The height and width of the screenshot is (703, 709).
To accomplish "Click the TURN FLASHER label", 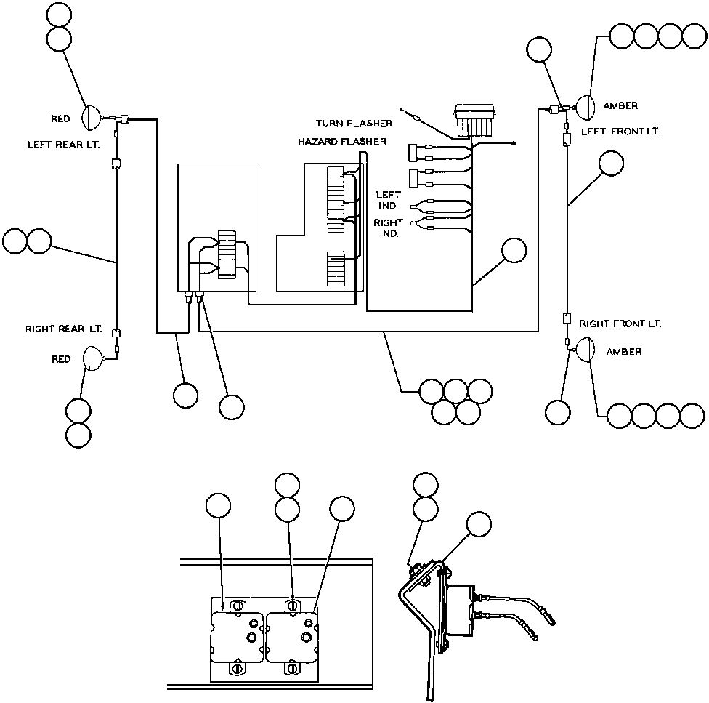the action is pyautogui.click(x=354, y=124).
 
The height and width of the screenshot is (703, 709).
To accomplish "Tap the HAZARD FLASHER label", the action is pyautogui.click(x=342, y=142).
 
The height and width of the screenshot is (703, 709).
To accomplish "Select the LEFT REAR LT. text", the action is pyautogui.click(x=64, y=145).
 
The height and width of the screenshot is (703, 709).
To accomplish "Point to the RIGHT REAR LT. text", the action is pyautogui.click(x=64, y=329).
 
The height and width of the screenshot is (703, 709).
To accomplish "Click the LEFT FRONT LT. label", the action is pyautogui.click(x=620, y=132).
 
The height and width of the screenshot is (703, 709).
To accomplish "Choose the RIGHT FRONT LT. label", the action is pyautogui.click(x=620, y=324).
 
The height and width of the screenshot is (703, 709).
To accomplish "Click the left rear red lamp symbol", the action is pyautogui.click(x=91, y=118).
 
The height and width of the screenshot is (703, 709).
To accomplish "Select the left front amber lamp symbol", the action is pyautogui.click(x=584, y=107).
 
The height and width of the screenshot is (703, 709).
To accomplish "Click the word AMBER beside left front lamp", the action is pyautogui.click(x=621, y=106).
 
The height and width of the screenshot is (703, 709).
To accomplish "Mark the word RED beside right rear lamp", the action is pyautogui.click(x=61, y=359).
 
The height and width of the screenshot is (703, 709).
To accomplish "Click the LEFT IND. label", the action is pyautogui.click(x=388, y=201).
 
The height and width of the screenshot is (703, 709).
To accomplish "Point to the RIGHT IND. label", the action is pyautogui.click(x=388, y=228).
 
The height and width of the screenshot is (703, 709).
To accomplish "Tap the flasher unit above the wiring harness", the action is pyautogui.click(x=475, y=120).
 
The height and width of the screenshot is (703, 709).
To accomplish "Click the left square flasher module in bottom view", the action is pyautogui.click(x=238, y=637).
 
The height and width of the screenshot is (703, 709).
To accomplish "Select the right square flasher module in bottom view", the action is pyautogui.click(x=293, y=637).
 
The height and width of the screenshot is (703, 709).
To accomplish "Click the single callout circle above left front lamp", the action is pyautogui.click(x=539, y=49).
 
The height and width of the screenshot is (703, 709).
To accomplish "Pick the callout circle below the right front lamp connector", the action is pyautogui.click(x=557, y=413).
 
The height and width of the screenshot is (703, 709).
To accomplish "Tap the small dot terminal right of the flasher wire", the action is pyautogui.click(x=514, y=144).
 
